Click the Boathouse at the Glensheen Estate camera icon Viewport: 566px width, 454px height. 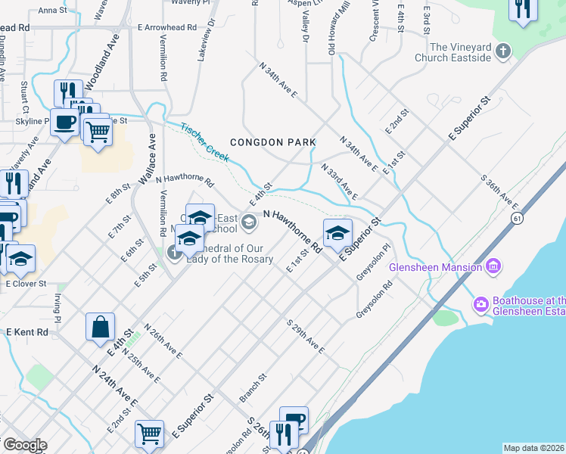click(480, 304)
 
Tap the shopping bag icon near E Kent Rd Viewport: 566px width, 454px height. click(100, 328)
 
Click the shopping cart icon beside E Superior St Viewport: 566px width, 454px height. click(149, 434)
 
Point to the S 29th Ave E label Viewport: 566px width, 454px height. click(305, 337)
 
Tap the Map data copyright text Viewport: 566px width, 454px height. click(533, 448)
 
